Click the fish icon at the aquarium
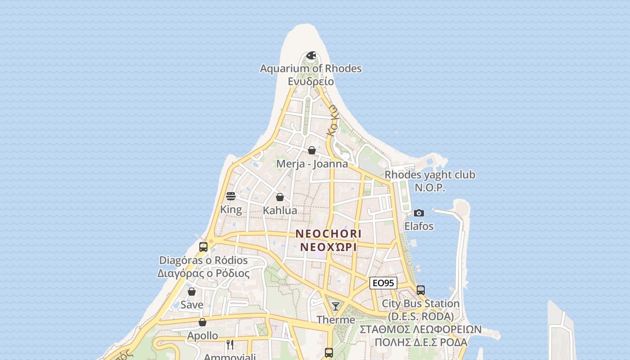point(310,56)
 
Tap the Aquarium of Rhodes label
point(310,69)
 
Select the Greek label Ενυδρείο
point(310,81)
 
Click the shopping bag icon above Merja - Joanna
point(311,150)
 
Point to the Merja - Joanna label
point(312,164)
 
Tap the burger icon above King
point(231,196)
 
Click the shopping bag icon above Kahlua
point(279,197)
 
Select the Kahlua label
point(280,210)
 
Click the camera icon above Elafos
point(418,213)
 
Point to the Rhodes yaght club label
point(430,175)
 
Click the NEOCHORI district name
point(328,234)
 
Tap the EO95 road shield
point(383,283)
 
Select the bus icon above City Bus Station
point(421,290)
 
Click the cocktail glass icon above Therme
point(335,306)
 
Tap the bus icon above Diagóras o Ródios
point(203,247)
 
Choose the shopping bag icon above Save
point(192,292)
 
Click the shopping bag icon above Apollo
point(202,322)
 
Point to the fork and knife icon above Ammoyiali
point(230,345)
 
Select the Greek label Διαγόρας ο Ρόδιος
point(203,273)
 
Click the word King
point(231,210)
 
